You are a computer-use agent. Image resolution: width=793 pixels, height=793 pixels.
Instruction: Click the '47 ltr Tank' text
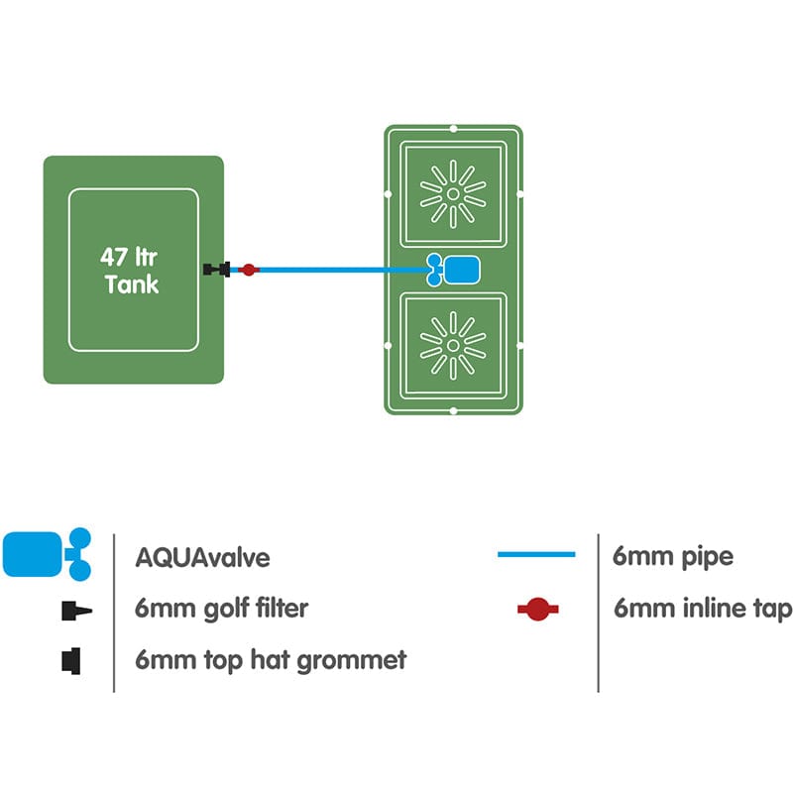(130, 270)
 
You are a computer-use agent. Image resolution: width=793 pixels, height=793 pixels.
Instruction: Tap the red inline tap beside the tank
(249, 270)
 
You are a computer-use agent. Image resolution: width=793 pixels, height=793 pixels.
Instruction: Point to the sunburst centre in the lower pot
(453, 345)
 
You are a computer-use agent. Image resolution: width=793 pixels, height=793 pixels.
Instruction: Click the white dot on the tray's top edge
(453, 128)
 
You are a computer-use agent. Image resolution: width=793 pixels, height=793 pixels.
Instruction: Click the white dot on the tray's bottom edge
(453, 410)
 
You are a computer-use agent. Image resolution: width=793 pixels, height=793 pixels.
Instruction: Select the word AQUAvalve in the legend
(202, 557)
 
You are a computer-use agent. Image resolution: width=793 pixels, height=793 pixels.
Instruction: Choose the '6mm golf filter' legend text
(221, 609)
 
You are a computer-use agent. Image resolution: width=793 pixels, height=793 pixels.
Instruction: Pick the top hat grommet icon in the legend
(72, 658)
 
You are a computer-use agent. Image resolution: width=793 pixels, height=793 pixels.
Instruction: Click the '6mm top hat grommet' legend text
(271, 659)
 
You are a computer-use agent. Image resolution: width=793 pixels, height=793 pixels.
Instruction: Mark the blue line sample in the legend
(536, 555)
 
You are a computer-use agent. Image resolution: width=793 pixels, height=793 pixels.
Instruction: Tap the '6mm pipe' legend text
(673, 556)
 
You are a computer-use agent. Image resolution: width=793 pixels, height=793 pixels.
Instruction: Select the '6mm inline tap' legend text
(702, 609)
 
